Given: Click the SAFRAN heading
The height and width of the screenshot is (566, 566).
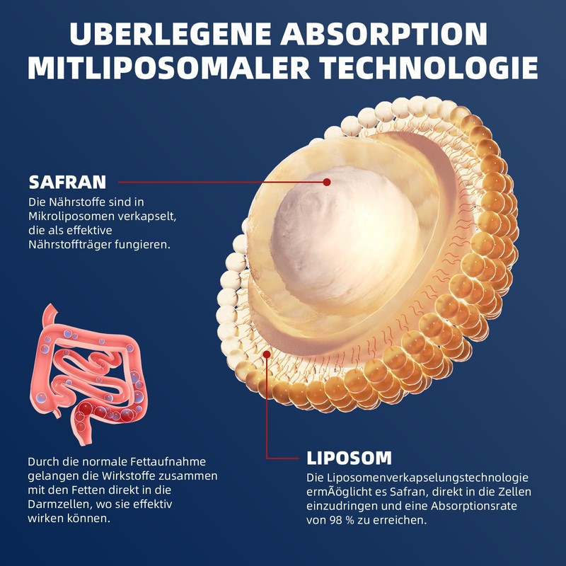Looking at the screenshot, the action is click(67, 183).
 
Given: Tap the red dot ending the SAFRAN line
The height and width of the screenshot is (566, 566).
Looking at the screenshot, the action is click(327, 182).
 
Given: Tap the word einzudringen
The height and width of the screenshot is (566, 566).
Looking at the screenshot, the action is click(342, 506).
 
